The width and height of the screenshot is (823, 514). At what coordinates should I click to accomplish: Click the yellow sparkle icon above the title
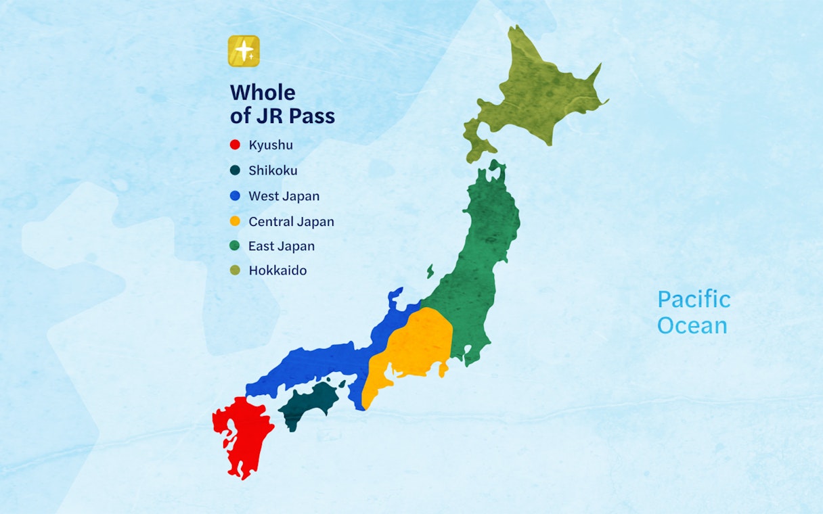(244, 51)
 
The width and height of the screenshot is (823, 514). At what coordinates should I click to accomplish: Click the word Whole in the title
(263, 92)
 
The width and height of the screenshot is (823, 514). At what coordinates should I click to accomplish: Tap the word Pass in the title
(312, 116)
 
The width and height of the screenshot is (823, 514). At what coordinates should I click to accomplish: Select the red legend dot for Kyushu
(235, 145)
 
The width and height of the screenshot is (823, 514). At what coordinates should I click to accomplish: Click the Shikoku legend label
(273, 170)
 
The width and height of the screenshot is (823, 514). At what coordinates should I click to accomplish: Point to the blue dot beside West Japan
(235, 196)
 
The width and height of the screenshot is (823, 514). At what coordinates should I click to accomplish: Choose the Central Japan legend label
(291, 221)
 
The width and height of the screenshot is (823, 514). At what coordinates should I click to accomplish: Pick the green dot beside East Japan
(235, 246)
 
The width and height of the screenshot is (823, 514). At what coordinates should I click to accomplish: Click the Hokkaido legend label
(277, 271)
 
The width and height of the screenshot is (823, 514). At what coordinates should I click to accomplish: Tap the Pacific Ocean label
(694, 312)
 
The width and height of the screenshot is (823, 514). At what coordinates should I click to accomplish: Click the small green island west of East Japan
(430, 272)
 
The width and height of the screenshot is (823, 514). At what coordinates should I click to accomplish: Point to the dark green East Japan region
(484, 257)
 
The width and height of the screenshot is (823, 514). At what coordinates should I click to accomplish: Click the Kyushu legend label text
(271, 145)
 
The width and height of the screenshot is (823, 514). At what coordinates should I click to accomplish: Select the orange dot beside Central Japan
(235, 221)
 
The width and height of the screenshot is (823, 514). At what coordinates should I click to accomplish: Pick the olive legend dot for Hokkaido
(235, 271)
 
